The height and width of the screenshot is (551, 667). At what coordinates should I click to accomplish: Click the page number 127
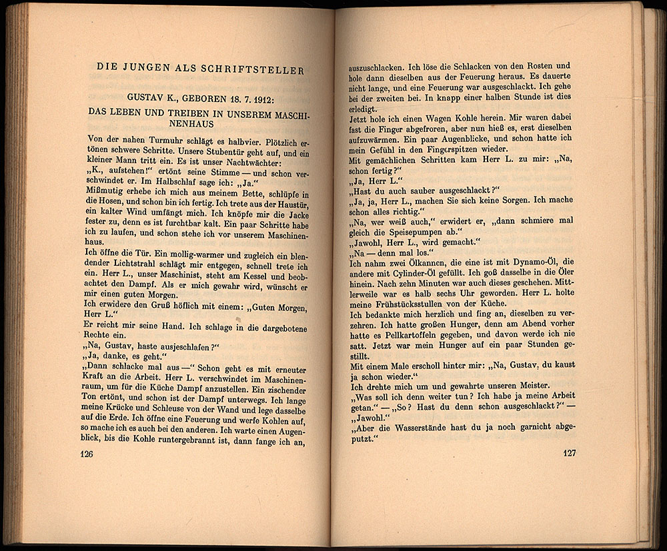coord(568,453)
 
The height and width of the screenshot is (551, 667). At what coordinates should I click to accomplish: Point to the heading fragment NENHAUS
coord(201,124)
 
